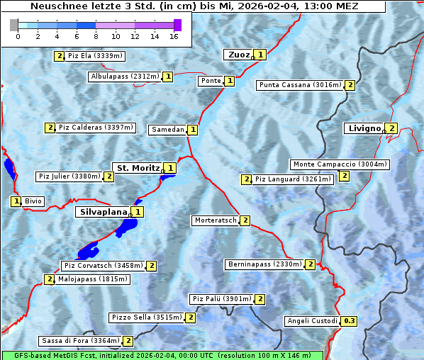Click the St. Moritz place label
[137, 168]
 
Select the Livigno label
[364, 128]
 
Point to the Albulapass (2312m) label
[124, 77]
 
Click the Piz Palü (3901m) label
[221, 299]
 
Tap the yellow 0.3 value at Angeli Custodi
[349, 321]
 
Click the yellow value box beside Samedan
[192, 130]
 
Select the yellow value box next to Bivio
[16, 201]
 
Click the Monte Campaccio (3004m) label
[340, 164]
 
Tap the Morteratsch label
[215, 220]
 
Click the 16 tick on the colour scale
[174, 36]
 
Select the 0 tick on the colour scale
[18, 36]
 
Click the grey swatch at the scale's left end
[14, 25]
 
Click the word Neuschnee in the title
[55, 6]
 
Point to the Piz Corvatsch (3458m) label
[103, 266]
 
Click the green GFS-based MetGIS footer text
[162, 355]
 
